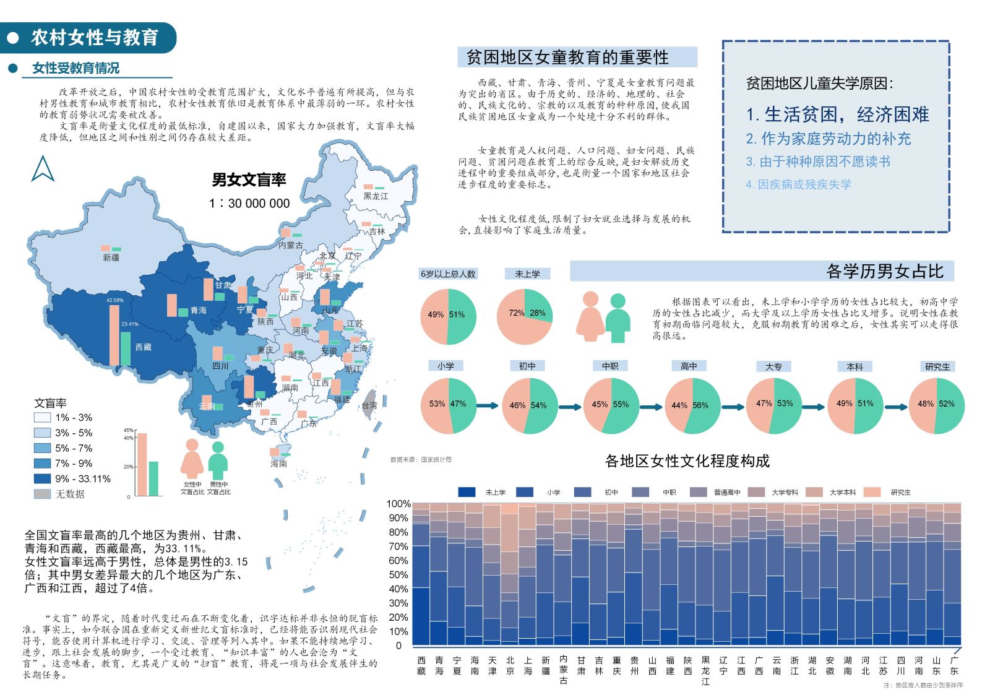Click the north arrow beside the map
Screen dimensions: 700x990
click(x=43, y=168)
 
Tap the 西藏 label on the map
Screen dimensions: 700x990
click(x=144, y=347)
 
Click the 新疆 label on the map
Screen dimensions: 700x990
click(x=111, y=257)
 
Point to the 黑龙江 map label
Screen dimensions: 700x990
click(x=376, y=196)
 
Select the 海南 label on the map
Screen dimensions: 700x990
click(x=278, y=463)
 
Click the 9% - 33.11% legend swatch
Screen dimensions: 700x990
click(x=42, y=478)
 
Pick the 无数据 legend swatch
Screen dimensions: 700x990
click(x=42, y=494)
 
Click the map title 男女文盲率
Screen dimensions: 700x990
click(x=249, y=180)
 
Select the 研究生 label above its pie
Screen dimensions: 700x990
click(x=937, y=367)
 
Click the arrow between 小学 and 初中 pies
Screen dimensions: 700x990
click(x=488, y=405)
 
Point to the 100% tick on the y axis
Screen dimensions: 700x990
click(x=398, y=504)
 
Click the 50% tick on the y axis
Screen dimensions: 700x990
click(x=398, y=575)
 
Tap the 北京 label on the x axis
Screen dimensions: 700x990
click(x=510, y=665)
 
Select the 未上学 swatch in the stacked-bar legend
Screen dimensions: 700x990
click(x=467, y=492)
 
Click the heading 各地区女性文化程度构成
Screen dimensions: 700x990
click(x=687, y=461)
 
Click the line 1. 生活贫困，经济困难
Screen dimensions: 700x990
click(x=837, y=115)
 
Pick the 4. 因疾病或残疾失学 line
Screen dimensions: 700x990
click(x=798, y=184)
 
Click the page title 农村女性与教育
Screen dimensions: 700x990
click(x=95, y=38)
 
